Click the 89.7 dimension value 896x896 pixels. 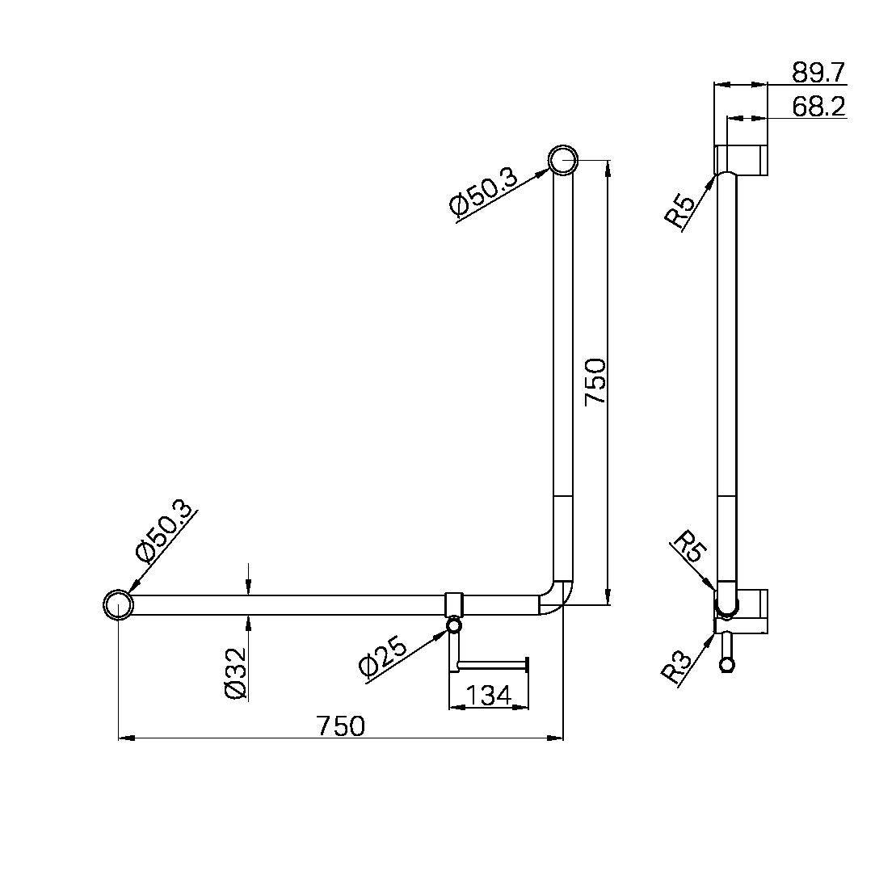pyautogui.click(x=818, y=73)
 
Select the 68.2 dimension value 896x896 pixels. pyautogui.click(x=818, y=107)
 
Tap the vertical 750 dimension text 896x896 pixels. pyautogui.click(x=595, y=382)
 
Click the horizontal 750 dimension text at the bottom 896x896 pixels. pyautogui.click(x=340, y=726)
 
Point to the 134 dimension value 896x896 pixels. pyautogui.click(x=488, y=695)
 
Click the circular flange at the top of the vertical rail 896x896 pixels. pyautogui.click(x=564, y=159)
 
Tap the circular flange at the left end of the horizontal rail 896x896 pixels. pyautogui.click(x=118, y=604)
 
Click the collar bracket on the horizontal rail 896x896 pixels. pyautogui.click(x=455, y=604)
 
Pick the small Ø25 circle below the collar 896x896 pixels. pyautogui.click(x=455, y=625)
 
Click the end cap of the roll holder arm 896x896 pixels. pyautogui.click(x=528, y=665)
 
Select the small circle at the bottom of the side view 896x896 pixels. pyautogui.click(x=727, y=665)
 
